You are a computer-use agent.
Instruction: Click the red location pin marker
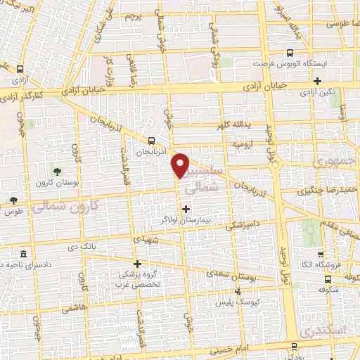click(x=181, y=165)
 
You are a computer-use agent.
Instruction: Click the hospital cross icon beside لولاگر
click(x=186, y=208)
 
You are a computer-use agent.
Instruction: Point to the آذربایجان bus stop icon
click(x=153, y=141)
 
